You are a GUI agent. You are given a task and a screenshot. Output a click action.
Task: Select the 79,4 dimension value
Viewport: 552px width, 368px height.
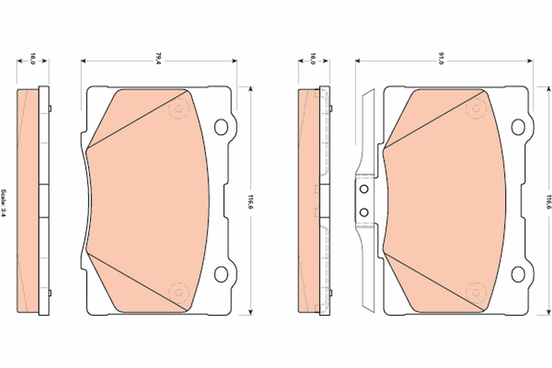click(158, 58)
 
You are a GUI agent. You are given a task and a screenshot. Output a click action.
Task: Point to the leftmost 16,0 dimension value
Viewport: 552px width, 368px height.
click(33, 58)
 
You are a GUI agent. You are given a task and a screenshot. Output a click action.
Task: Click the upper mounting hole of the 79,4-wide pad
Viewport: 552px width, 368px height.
click(221, 126)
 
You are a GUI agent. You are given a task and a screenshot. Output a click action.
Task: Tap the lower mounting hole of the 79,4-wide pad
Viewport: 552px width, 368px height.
click(221, 274)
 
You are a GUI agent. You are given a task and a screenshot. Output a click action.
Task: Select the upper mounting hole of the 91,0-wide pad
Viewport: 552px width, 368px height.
click(518, 126)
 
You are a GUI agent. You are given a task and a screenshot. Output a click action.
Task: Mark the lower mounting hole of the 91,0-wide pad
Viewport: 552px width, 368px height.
click(518, 274)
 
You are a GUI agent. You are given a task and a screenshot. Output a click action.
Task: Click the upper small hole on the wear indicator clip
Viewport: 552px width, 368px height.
click(364, 189)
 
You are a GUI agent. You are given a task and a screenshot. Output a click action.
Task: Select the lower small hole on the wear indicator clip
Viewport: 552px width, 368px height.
click(364, 212)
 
